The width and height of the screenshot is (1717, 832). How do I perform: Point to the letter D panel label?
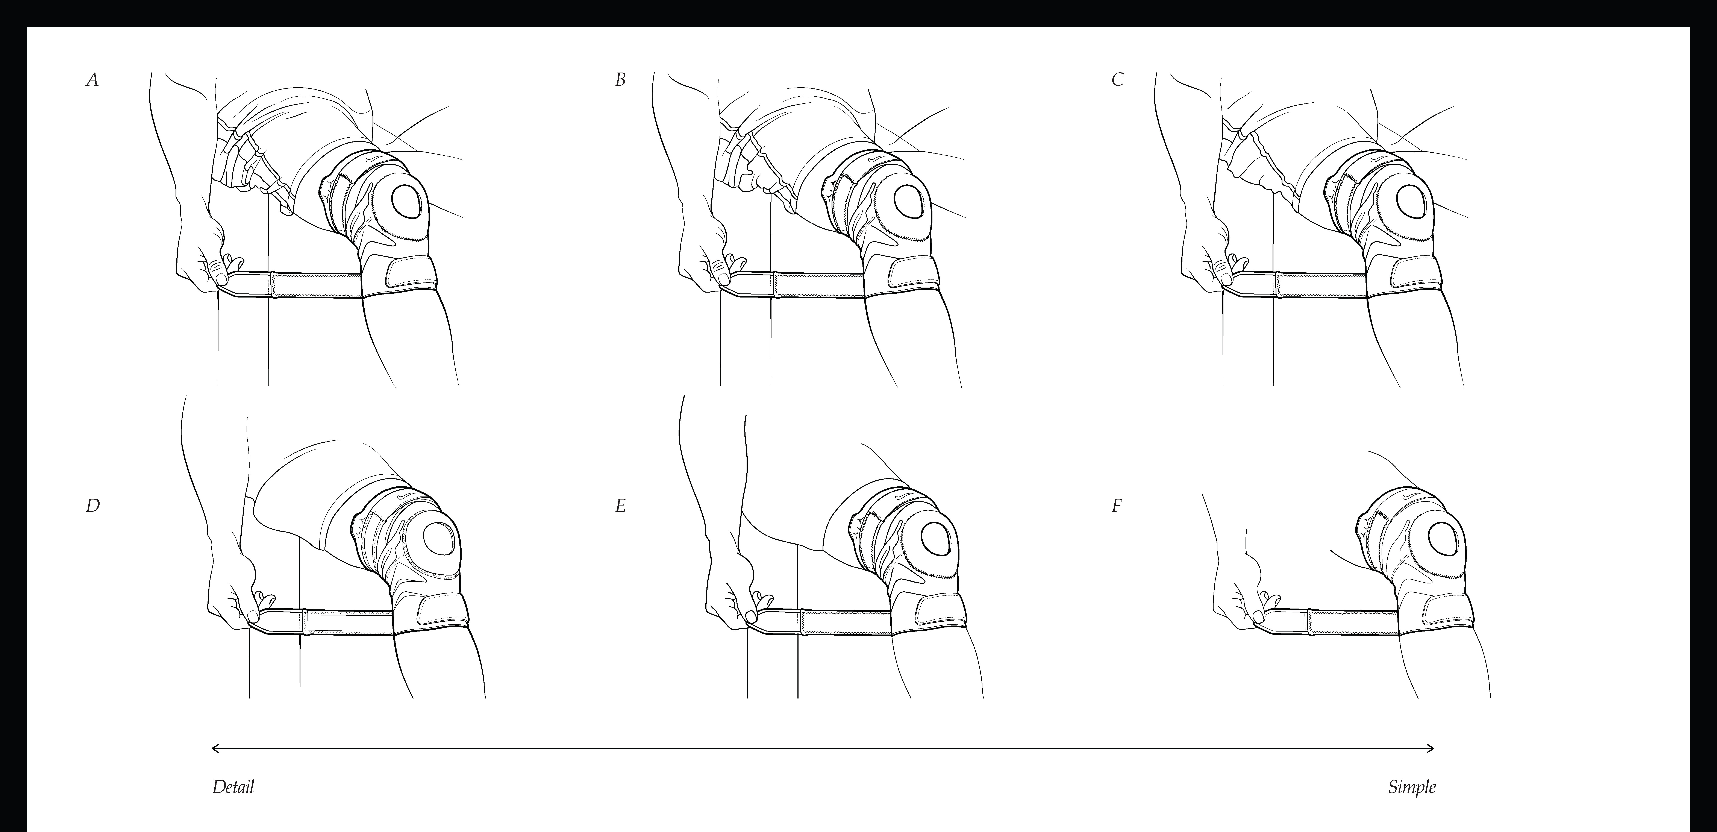93,506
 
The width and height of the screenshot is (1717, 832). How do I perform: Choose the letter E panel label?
621,506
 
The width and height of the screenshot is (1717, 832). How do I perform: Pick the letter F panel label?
1117,506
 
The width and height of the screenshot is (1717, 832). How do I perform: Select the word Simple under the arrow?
1412,787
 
